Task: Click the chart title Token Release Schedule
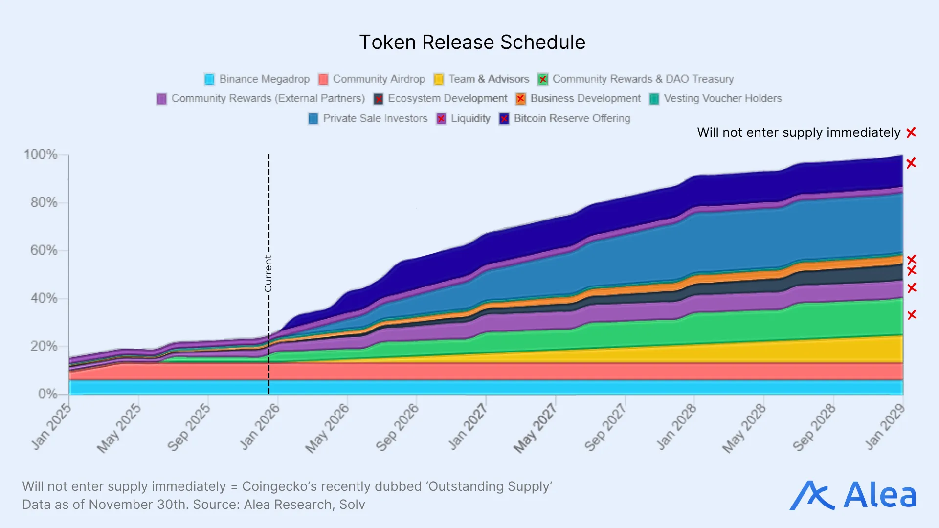tap(472, 43)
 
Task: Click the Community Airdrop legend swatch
tap(323, 79)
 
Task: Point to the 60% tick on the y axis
tap(44, 250)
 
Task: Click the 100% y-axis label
tap(41, 154)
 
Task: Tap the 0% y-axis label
tap(47, 394)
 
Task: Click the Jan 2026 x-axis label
tap(260, 426)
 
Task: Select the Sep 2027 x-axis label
tap(605, 427)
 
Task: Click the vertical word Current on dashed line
tap(268, 273)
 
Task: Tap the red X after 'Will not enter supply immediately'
tap(911, 133)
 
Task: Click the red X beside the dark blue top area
tap(911, 163)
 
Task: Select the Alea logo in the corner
tap(853, 495)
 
